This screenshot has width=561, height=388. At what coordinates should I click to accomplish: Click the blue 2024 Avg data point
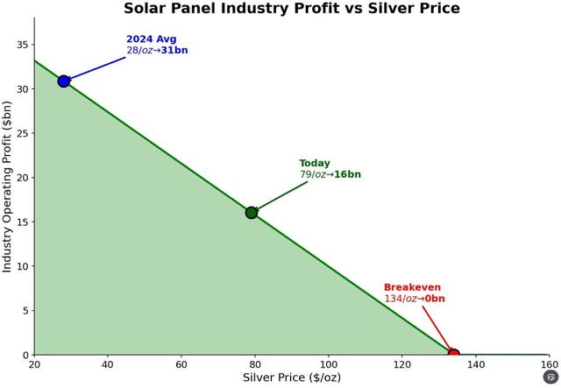click(63, 81)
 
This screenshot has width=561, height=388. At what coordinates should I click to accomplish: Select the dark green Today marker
click(252, 212)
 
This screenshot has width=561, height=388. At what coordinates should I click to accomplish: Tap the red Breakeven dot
click(453, 355)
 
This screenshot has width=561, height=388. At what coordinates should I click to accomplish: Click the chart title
click(291, 9)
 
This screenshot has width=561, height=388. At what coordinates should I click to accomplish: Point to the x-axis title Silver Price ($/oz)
click(291, 377)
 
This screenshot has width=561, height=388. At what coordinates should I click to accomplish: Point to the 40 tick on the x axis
click(108, 364)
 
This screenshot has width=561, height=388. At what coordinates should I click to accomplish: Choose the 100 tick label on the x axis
click(329, 364)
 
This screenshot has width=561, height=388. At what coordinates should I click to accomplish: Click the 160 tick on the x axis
click(549, 364)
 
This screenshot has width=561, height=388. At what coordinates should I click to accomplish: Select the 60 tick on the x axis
click(181, 364)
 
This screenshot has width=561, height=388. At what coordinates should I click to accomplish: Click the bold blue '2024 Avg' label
click(151, 39)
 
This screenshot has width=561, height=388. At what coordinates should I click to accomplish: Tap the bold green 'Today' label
click(315, 163)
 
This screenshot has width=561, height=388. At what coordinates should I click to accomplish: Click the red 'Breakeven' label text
click(412, 287)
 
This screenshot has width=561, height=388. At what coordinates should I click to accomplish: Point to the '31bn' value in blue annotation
click(173, 51)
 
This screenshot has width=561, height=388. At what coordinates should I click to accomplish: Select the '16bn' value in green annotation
click(346, 174)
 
